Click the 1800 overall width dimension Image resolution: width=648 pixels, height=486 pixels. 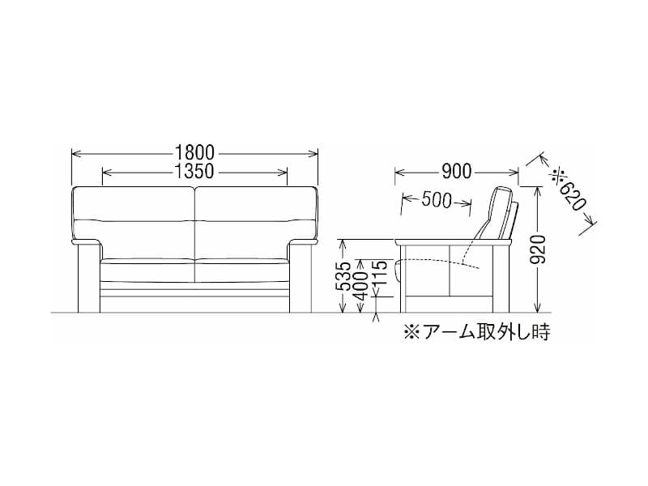tap(194, 153)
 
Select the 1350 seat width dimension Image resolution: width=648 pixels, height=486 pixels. tap(194, 172)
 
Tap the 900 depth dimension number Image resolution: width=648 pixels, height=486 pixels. tap(456, 172)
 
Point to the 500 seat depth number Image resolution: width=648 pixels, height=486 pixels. tap(437, 200)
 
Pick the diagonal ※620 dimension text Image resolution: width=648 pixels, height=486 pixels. tap(569, 194)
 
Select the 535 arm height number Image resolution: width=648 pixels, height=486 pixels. tap(343, 276)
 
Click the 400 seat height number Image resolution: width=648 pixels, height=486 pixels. tap(360, 286)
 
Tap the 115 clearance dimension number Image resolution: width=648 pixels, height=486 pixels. tap(379, 273)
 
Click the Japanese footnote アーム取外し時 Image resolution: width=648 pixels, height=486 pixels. tap(477, 331)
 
